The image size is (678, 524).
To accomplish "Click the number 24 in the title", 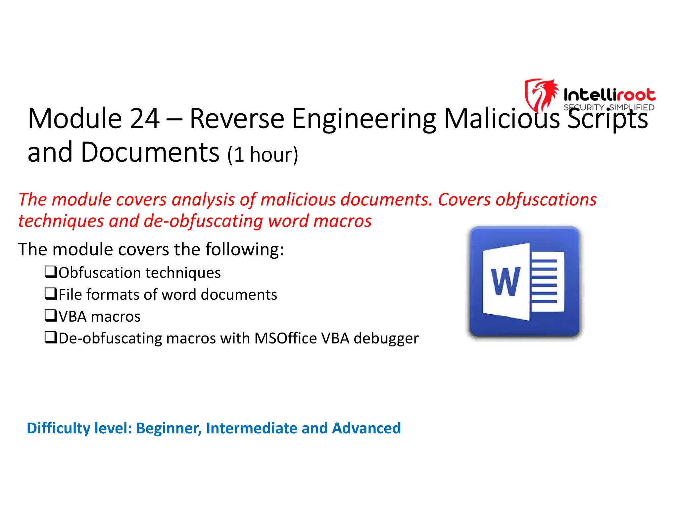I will (145, 119).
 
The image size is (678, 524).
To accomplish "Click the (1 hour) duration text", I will (263, 154).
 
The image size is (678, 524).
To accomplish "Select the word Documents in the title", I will (150, 152).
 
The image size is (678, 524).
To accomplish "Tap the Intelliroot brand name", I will (609, 95).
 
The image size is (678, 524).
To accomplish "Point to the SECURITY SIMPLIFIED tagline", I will (609, 108).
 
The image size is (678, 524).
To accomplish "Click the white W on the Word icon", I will (506, 282).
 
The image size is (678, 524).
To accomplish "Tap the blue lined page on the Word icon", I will (546, 282).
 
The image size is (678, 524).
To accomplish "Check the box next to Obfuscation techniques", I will (51, 272).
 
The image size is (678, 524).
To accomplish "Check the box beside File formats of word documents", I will (51, 294).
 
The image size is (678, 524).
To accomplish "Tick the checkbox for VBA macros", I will (51, 316).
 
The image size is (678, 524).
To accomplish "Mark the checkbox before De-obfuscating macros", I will (51, 338).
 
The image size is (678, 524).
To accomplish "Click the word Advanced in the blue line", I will (366, 428).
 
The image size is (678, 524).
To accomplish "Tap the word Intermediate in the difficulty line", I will (252, 428).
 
